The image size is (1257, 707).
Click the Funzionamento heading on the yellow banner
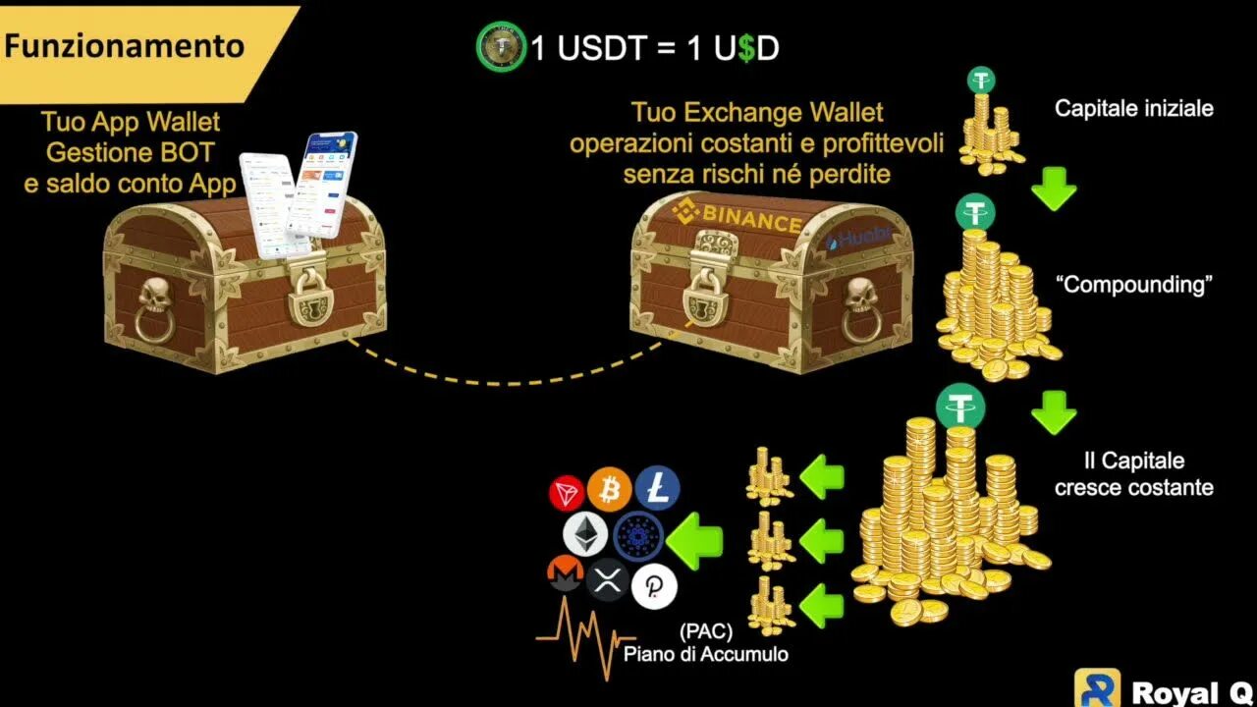(124, 46)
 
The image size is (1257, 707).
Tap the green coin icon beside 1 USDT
(501, 47)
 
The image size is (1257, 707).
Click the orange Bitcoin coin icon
(610, 488)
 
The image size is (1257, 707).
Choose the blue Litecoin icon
(657, 488)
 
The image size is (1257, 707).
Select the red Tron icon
(567, 493)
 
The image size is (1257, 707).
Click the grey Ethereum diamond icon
(583, 535)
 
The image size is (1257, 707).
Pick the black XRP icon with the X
(608, 579)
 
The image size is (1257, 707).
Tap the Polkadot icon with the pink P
(654, 586)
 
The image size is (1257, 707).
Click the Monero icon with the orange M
(565, 575)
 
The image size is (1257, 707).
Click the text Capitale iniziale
(1133, 108)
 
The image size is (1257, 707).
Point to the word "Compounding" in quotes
(1133, 285)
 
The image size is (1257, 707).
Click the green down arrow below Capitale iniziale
(1054, 189)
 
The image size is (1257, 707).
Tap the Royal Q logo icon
(1097, 688)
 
